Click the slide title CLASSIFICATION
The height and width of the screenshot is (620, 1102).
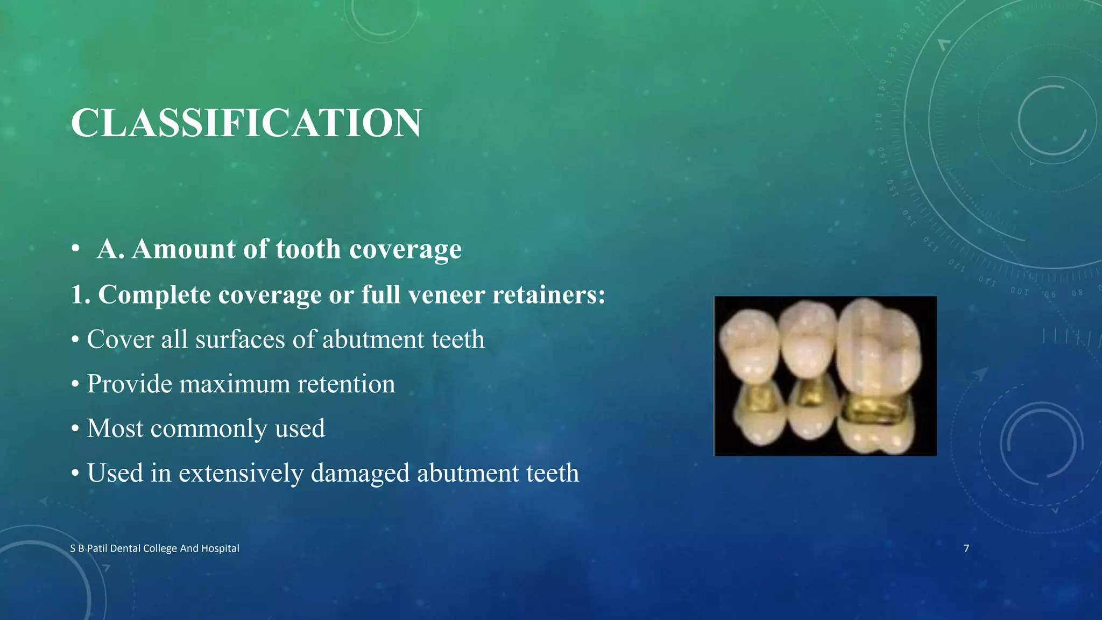pos(246,123)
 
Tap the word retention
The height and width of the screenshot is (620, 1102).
pos(346,384)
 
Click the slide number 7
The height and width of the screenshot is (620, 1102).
pos(966,548)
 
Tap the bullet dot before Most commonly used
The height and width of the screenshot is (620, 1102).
pos(75,429)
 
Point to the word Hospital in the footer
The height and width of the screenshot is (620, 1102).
pos(220,548)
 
